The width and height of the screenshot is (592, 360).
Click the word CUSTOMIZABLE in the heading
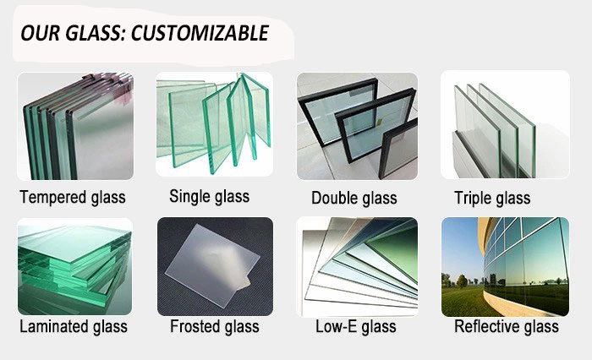(200, 33)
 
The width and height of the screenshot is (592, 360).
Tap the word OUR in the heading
(40, 33)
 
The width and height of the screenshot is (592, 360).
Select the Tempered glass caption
(73, 198)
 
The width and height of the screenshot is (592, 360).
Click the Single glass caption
(209, 197)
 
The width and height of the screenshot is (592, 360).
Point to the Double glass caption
(354, 198)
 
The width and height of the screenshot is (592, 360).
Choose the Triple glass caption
(492, 198)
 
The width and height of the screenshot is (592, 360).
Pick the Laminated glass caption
(74, 326)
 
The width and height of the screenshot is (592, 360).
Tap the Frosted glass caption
(215, 326)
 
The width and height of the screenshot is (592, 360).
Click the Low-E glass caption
(356, 326)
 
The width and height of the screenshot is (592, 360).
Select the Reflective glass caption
(507, 326)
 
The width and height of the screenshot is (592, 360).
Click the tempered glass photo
(75, 126)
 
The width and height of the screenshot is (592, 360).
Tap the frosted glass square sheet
(212, 265)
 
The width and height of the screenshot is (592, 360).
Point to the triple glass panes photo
(505, 124)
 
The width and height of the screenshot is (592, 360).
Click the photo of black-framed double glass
(357, 126)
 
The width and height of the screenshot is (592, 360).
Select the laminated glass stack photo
(75, 266)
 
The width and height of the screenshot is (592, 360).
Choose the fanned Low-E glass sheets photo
(357, 267)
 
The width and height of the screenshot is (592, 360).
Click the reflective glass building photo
(505, 267)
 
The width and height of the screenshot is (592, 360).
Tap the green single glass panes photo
(215, 124)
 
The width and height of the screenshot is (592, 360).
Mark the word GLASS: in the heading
(96, 33)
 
